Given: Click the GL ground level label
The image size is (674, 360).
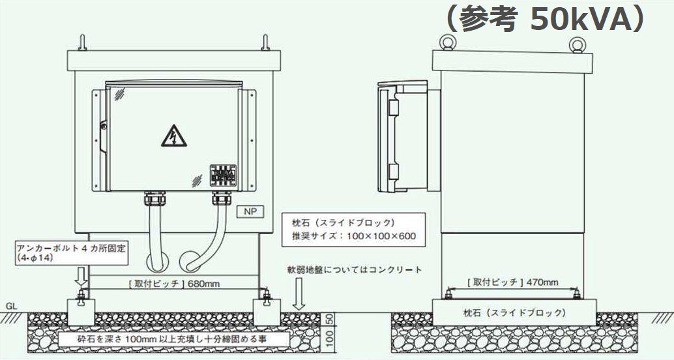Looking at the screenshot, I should click(11, 305).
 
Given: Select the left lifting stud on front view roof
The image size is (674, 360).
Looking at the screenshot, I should click(84, 42).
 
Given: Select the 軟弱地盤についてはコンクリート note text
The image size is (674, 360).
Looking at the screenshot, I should click(355, 269).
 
